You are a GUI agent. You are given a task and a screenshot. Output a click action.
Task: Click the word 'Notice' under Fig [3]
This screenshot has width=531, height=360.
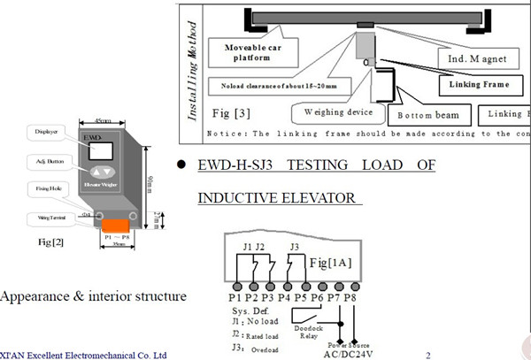click(x=226, y=134)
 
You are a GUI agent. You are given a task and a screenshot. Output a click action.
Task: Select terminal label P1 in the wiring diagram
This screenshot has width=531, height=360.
click(x=238, y=299)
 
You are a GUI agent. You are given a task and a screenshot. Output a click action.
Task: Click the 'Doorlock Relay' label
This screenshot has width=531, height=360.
click(x=310, y=329)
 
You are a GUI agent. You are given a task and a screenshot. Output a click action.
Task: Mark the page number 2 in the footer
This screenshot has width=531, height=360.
click(x=427, y=355)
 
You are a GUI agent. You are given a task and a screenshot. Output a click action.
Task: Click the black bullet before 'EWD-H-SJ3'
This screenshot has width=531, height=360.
click(x=181, y=165)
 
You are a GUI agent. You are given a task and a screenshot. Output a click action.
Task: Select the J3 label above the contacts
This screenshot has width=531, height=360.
click(x=295, y=245)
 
